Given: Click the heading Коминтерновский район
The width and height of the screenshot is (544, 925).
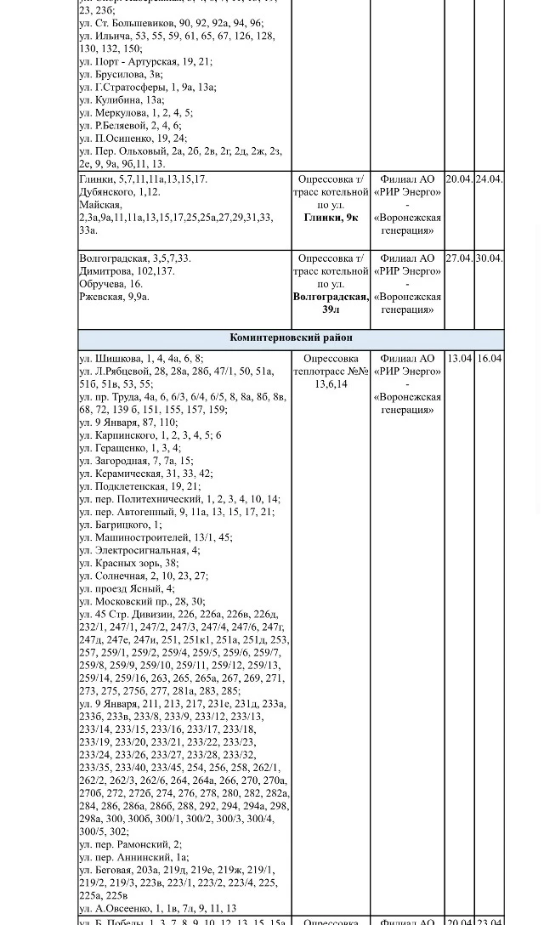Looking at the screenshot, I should [x=291, y=338].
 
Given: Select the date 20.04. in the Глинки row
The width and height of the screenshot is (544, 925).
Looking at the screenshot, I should [x=459, y=179].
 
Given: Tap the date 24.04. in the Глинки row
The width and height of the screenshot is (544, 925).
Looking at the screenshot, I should [x=489, y=179].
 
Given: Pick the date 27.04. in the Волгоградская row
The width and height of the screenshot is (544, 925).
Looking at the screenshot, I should [x=459, y=258].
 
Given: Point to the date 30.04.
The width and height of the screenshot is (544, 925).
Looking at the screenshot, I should [x=489, y=258].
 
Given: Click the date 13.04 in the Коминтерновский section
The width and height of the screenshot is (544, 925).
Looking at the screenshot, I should [x=459, y=359].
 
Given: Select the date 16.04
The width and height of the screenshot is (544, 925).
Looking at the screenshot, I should [x=489, y=359].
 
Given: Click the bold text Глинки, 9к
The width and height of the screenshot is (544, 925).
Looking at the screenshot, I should [x=331, y=218].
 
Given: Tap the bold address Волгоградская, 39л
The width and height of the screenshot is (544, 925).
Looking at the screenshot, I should [x=331, y=304].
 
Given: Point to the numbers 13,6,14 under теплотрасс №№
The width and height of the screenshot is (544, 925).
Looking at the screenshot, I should [x=331, y=384].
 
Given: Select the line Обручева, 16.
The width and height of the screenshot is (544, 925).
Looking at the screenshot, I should [x=110, y=284].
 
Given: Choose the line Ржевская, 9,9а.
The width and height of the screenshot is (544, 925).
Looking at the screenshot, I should [x=114, y=297].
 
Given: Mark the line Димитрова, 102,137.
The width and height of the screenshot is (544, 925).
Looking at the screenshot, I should [x=127, y=271].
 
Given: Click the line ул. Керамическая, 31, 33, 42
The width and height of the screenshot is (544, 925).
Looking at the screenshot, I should [x=145, y=474].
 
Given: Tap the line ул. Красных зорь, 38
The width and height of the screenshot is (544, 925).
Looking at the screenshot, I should [x=128, y=563].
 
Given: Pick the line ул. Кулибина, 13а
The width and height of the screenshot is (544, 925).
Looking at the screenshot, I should [x=122, y=99].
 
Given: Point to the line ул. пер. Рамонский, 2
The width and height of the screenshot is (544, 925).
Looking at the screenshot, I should [x=130, y=844].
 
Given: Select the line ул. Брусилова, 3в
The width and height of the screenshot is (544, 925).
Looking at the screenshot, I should [x=121, y=74].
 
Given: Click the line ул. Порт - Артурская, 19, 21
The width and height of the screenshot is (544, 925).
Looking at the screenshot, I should [x=145, y=61].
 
